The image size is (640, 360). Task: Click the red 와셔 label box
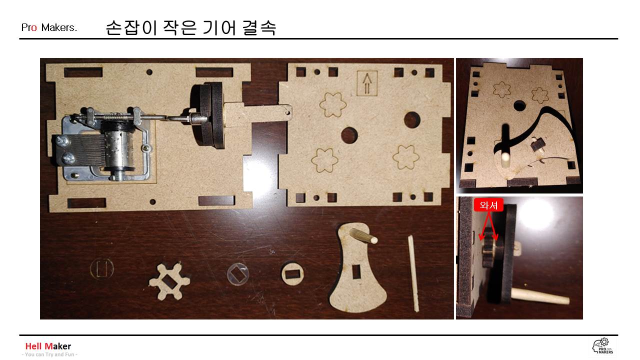(x=488, y=205)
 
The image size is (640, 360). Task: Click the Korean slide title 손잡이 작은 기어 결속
(x=191, y=27)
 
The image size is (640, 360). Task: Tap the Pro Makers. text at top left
(x=49, y=27)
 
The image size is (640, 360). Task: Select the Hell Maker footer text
(x=48, y=346)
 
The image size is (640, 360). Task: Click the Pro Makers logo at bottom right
(x=603, y=346)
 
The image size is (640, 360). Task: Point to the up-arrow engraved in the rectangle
(x=367, y=83)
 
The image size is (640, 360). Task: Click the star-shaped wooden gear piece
(x=169, y=281)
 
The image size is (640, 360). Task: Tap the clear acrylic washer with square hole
(x=237, y=274)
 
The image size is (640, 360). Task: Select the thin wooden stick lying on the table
(x=413, y=273)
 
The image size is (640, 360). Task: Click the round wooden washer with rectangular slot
(x=292, y=273)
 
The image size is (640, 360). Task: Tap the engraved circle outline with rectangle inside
(x=101, y=268)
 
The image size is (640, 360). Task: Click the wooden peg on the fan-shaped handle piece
(x=363, y=235)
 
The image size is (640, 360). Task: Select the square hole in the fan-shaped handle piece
(x=356, y=271)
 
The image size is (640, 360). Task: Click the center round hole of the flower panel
(x=349, y=135)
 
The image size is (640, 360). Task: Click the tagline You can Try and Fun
(x=49, y=354)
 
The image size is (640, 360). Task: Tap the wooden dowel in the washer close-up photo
(x=539, y=297)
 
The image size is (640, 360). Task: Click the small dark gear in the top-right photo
(x=536, y=144)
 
